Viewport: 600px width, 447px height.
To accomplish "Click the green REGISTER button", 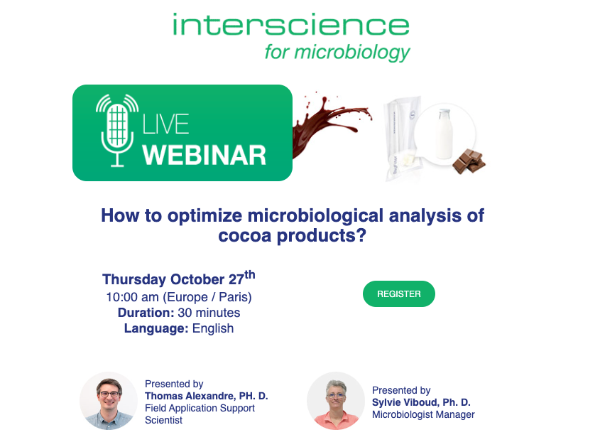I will pos(398,294).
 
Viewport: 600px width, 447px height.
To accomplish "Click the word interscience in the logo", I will pos(290,26).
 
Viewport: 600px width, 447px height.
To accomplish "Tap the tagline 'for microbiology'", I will pos(337,52).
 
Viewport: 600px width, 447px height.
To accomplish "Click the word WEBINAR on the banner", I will pos(204,154).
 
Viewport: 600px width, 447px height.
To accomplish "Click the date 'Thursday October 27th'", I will pos(178,279).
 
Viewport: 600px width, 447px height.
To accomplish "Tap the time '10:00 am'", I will pos(132,297).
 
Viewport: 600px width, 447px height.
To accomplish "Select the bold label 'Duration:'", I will pos(146,313).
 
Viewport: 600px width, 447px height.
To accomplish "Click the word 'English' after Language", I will pos(213,328).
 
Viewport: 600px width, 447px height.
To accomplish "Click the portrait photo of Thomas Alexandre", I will pos(108,401).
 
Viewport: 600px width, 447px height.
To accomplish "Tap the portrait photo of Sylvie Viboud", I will pos(335,401).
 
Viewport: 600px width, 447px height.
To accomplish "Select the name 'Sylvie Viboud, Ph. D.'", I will pos(421,402).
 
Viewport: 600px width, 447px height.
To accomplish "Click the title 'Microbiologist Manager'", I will pos(423,414).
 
